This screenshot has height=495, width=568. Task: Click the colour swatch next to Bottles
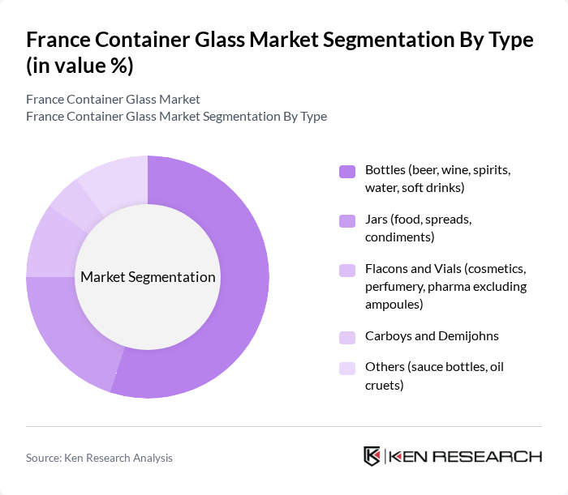(x=347, y=171)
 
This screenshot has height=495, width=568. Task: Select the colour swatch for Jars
(x=347, y=220)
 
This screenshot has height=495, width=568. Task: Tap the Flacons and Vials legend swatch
(x=347, y=270)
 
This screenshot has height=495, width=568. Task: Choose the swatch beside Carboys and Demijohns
(x=347, y=336)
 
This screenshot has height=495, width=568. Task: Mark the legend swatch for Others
(x=347, y=368)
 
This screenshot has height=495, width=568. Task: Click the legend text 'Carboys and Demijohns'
(x=432, y=336)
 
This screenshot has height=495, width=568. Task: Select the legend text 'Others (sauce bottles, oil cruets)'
(x=434, y=376)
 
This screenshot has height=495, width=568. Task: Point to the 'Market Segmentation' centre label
(x=148, y=277)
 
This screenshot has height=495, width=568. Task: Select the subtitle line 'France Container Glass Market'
(x=113, y=100)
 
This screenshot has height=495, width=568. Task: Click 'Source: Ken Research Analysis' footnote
(x=99, y=458)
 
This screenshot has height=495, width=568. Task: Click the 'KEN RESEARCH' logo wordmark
(x=466, y=456)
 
